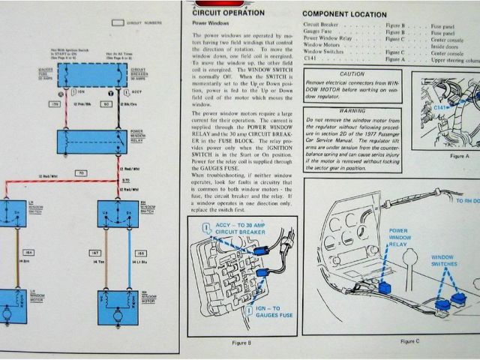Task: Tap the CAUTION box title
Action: click(352, 74)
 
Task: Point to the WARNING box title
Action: click(352, 110)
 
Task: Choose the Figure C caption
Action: click(410, 341)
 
